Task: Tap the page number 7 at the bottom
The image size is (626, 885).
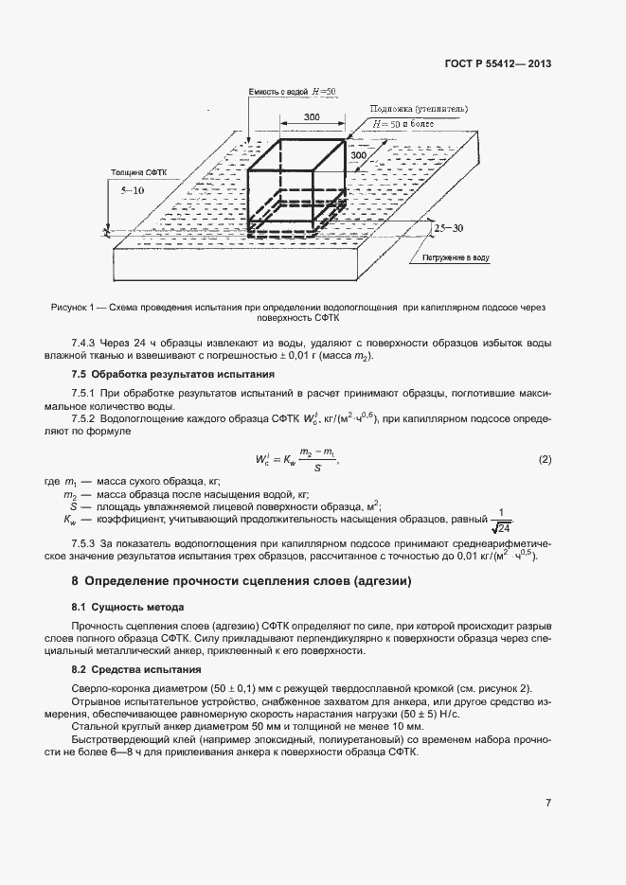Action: tap(548, 804)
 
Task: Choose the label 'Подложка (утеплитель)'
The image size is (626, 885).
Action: tap(419, 109)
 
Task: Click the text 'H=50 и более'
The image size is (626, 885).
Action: tap(404, 124)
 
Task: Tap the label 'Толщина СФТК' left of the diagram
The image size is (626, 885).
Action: tap(136, 174)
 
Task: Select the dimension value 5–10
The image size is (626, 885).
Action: tap(134, 190)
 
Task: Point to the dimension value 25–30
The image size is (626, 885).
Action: tap(449, 229)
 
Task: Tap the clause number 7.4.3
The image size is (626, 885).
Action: tap(86, 343)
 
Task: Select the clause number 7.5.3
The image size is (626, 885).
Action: tap(86, 543)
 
